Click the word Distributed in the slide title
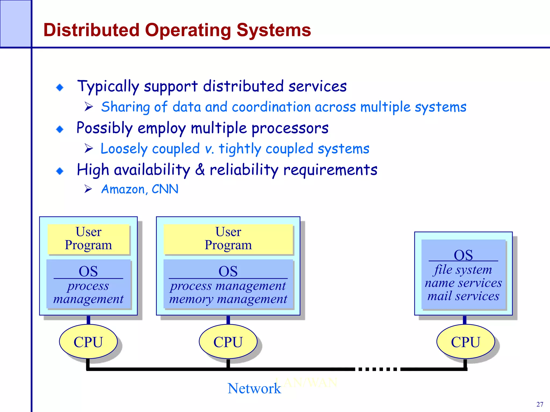pos(91,30)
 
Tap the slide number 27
pos(540,404)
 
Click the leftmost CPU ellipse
pos(88,342)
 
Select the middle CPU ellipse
pos(228,342)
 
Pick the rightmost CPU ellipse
pos(465,342)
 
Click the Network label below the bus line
pos(254,388)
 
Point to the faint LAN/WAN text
pos(306,382)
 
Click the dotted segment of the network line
pos(377,369)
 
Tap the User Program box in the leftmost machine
pos(89,239)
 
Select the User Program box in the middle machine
pos(228,239)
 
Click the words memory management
pos(228,299)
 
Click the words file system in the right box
pos(463,270)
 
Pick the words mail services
pos(463,296)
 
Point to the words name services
pos(463,283)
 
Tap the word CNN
pos(165,189)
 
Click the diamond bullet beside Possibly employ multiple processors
pos(60,129)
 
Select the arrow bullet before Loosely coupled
pos(88,148)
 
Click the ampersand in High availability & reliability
pos(200,170)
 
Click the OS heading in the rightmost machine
pos(463,255)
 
